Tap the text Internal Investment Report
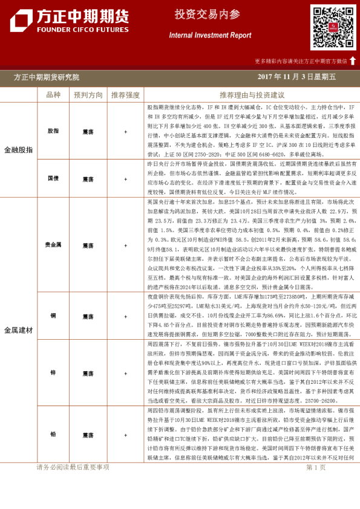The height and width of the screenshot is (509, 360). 209,36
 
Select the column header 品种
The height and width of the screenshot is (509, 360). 53,95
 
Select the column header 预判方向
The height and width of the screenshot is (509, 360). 88,95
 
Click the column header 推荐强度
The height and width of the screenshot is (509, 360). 125,95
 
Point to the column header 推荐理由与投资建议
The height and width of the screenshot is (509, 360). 252,95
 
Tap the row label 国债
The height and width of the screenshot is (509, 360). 53,179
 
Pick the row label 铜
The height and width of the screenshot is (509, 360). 53,316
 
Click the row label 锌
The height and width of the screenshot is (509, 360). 53,373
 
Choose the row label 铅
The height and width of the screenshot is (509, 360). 53,435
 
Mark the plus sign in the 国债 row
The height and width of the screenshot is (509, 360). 125,179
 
